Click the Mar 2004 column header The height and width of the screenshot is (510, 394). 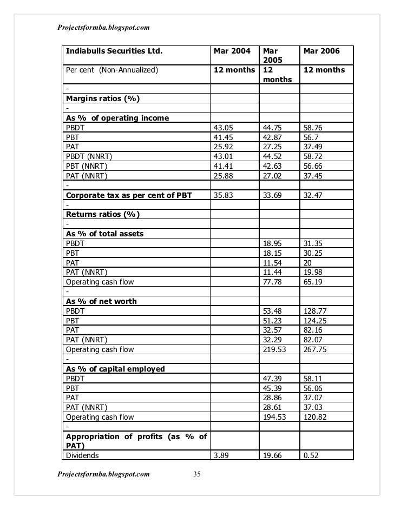point(232,51)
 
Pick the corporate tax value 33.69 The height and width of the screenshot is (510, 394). point(273,195)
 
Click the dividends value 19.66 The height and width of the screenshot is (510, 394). point(273,456)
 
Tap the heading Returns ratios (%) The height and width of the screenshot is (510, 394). point(102,214)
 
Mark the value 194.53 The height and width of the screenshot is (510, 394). point(275,417)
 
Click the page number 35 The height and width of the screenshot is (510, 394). point(197,475)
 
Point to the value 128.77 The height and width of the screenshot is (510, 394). point(317,311)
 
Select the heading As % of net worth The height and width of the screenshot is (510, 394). point(101,301)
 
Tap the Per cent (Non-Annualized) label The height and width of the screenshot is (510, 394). point(111,70)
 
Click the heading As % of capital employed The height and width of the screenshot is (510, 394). point(115,369)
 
